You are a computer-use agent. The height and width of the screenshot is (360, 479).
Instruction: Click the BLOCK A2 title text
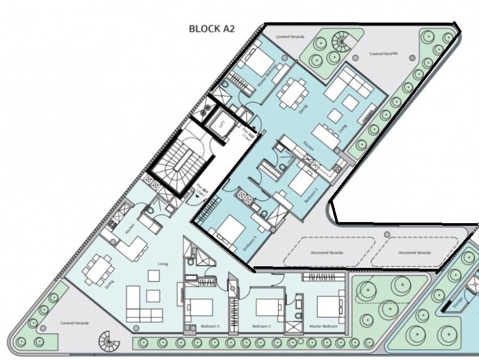212,29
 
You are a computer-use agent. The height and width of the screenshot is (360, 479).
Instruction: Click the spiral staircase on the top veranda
339,40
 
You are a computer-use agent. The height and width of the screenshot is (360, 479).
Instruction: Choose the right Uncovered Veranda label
415,252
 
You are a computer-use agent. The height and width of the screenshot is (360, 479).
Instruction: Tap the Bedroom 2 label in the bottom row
262,326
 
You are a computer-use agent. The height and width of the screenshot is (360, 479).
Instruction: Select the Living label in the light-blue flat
162,264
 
